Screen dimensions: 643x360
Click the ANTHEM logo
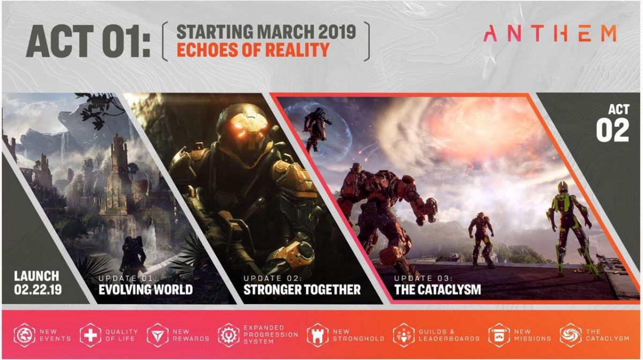(x=550, y=34)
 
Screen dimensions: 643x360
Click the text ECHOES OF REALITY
(x=253, y=50)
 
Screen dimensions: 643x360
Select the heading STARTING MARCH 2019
(x=266, y=32)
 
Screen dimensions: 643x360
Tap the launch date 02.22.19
(x=38, y=289)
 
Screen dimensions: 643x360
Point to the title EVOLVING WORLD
(x=146, y=289)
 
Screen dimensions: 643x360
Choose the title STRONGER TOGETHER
(x=302, y=289)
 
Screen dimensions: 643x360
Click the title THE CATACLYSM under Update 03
(x=437, y=289)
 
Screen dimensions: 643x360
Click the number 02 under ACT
(x=612, y=131)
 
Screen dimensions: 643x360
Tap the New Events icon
(x=25, y=335)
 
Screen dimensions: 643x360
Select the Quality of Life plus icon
(x=91, y=335)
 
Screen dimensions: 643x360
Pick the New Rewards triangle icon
(x=158, y=335)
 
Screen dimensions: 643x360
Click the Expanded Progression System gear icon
(x=228, y=335)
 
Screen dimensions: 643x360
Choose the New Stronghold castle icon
(x=317, y=335)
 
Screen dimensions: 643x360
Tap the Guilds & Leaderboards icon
(x=403, y=335)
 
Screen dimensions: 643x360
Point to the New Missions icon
(x=499, y=335)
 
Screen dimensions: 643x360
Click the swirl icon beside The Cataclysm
(x=571, y=335)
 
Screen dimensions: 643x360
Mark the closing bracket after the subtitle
(x=368, y=41)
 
